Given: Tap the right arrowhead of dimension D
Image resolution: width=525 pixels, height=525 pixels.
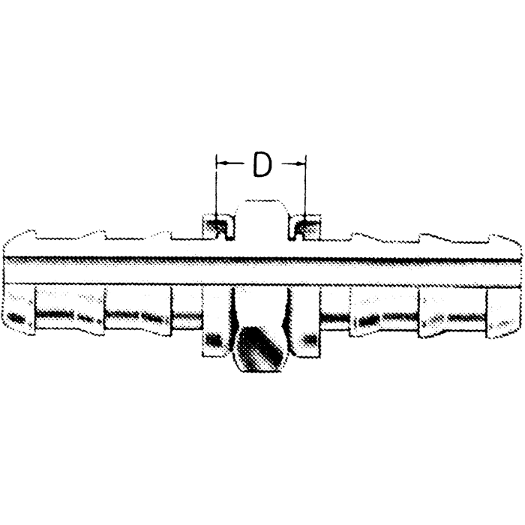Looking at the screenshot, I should click(x=302, y=161).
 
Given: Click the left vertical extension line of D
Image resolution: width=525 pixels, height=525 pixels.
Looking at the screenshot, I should click(x=216, y=187).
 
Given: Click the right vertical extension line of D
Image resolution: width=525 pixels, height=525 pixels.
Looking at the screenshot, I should click(x=305, y=187).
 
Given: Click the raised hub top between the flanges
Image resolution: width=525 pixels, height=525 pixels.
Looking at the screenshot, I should click(x=261, y=205).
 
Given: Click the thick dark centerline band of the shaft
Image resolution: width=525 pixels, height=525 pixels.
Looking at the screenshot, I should click(x=262, y=259).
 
